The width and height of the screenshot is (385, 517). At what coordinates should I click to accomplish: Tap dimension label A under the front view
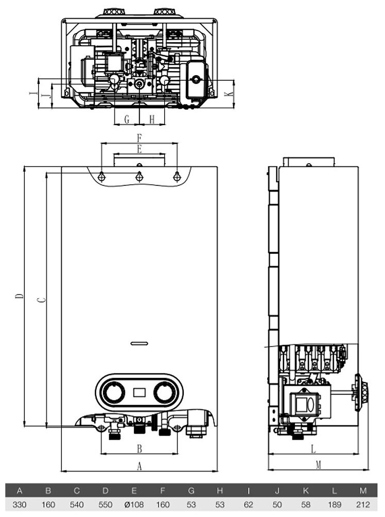pos(138,467)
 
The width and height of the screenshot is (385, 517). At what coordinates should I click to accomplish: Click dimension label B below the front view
pos(139,449)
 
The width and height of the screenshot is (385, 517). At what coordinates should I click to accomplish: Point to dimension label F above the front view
pos(138,137)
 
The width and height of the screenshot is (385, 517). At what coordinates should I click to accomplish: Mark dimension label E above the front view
pos(139,149)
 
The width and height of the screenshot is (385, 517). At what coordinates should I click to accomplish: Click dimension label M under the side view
pos(318,466)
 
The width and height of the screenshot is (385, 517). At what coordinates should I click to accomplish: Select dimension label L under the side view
pos(313,449)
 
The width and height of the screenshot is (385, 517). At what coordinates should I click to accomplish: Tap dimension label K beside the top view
pos(231,94)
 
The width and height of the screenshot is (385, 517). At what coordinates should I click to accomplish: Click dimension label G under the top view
pos(127,119)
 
